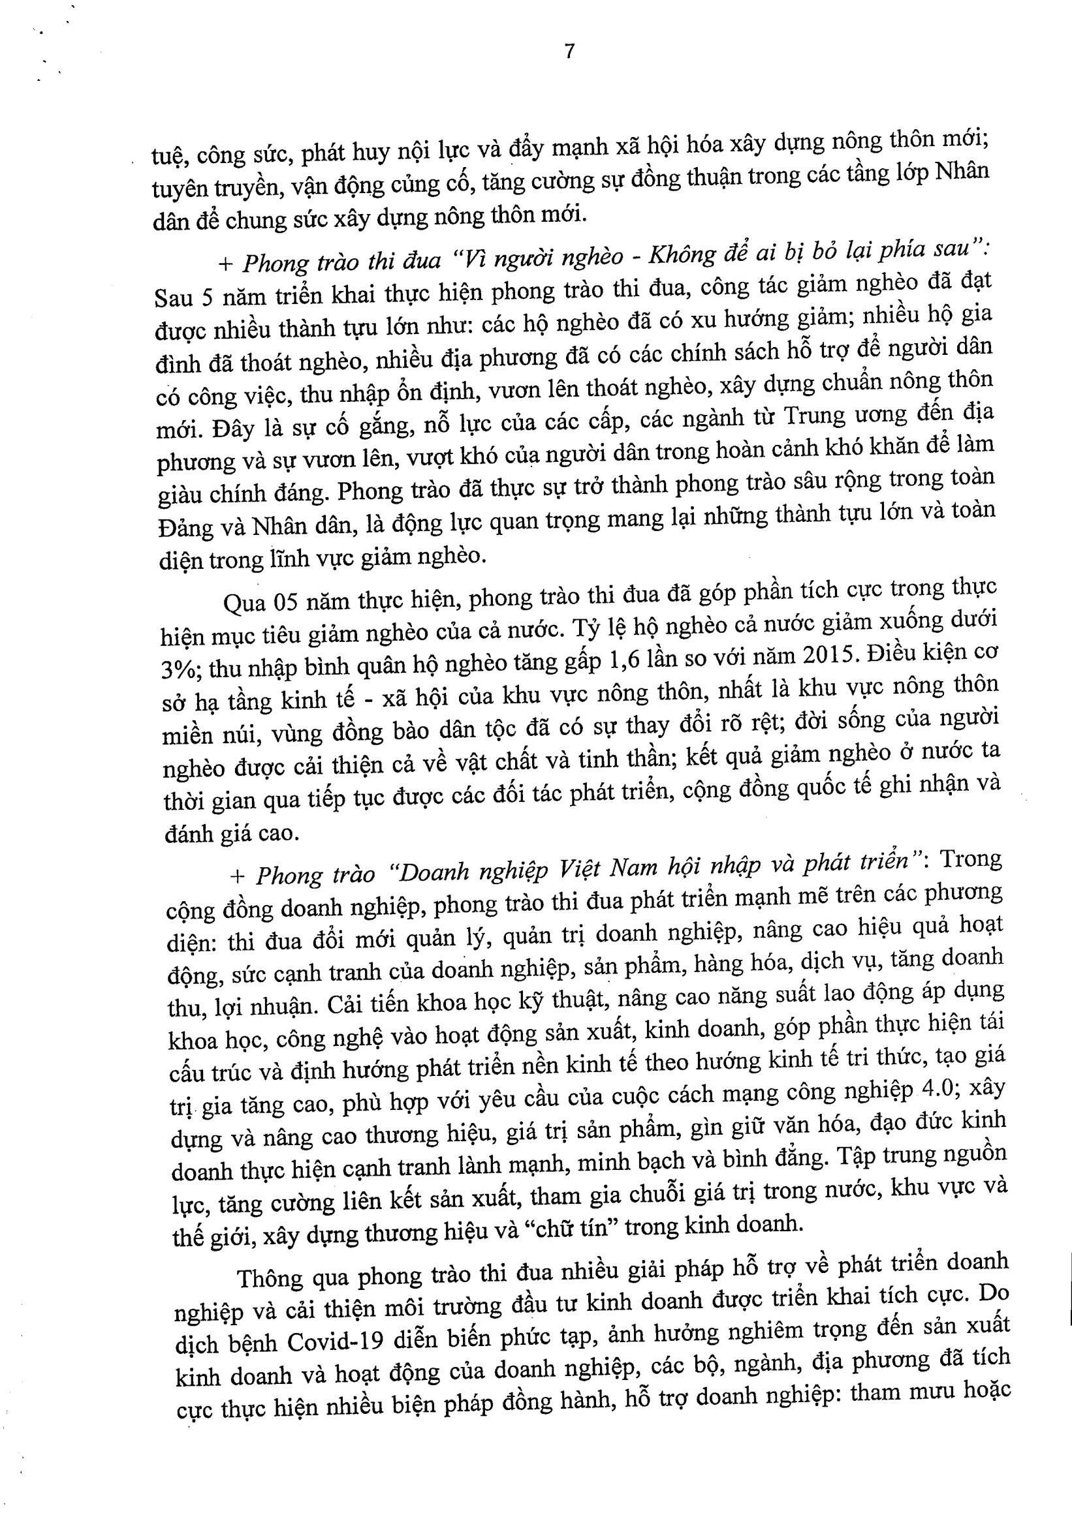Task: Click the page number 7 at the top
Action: click(570, 52)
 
